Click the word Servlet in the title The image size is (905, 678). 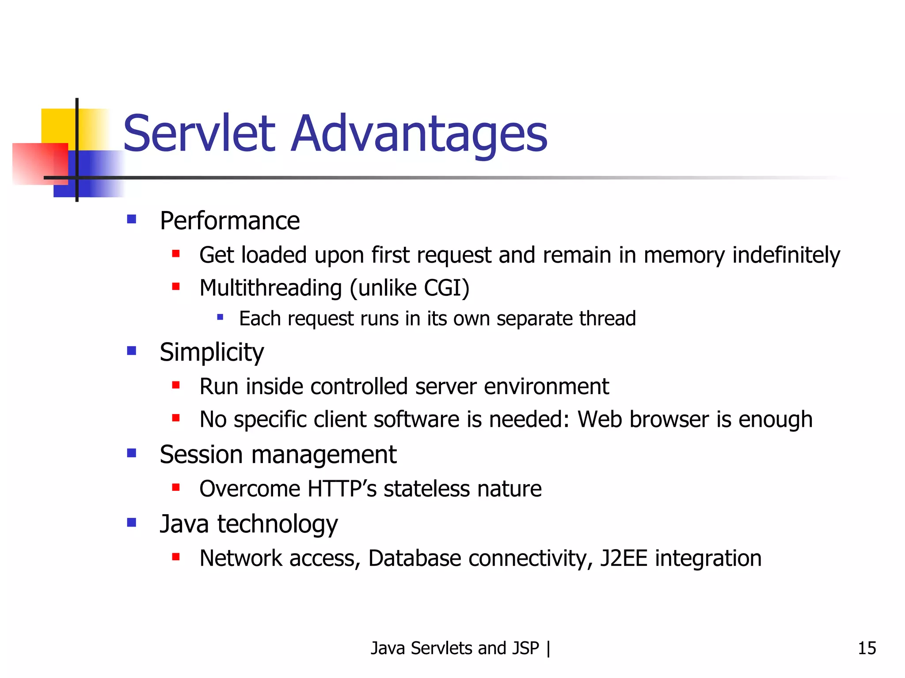click(x=199, y=133)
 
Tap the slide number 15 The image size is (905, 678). click(x=867, y=648)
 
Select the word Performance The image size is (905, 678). click(x=229, y=221)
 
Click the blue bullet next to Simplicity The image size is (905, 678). click(x=131, y=350)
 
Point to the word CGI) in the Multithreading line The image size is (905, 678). click(x=446, y=288)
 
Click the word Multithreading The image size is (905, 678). click(x=270, y=288)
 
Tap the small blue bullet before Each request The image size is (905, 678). click(x=220, y=316)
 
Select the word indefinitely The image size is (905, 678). click(x=786, y=255)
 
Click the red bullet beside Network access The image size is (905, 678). click(x=176, y=557)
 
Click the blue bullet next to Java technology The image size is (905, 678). click(x=131, y=523)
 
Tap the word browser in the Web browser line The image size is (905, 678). click(x=669, y=419)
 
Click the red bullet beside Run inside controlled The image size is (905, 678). click(x=176, y=385)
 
